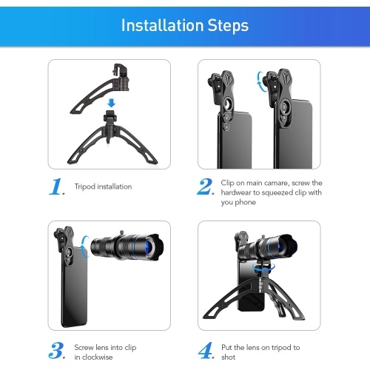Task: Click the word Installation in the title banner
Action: [x=163, y=25]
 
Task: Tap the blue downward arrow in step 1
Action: [x=112, y=103]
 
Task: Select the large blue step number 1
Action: [x=57, y=186]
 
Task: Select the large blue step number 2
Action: [x=206, y=186]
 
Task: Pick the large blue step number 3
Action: [x=57, y=350]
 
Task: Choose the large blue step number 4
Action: [x=206, y=350]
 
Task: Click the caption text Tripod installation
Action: [x=103, y=186]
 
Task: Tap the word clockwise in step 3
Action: [x=97, y=357]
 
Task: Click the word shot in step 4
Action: [x=228, y=357]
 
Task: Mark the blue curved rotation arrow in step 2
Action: [x=260, y=81]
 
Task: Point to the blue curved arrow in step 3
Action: [x=84, y=246]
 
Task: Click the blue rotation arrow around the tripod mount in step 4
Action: [x=263, y=268]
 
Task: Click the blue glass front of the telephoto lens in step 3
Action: [x=150, y=247]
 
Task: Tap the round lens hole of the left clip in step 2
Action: [x=229, y=105]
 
